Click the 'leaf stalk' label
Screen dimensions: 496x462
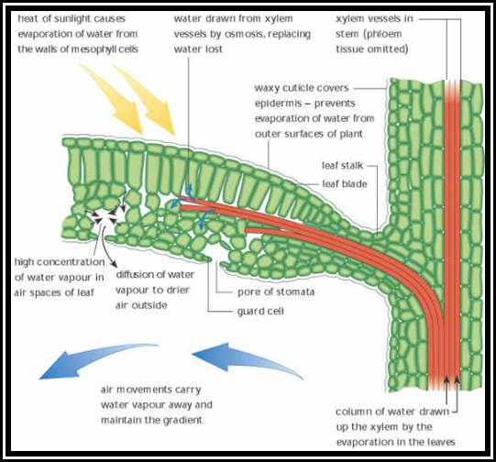click(x=342, y=165)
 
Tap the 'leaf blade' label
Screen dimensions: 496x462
click(x=345, y=183)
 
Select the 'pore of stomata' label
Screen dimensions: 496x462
click(x=276, y=291)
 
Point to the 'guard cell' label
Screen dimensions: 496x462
click(x=260, y=312)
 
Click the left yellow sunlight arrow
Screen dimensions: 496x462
click(x=115, y=98)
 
